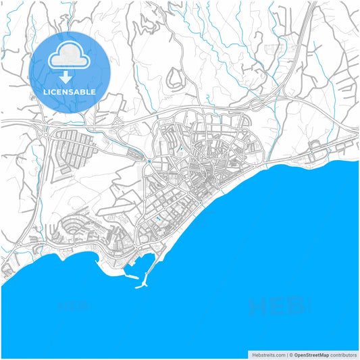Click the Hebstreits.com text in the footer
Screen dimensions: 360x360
(268, 354)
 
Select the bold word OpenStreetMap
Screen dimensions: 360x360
(311, 354)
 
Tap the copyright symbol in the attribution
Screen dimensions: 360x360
(290, 354)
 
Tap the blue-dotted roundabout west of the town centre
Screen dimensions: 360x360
(149, 162)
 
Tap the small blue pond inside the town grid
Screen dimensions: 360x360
(157, 220)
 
